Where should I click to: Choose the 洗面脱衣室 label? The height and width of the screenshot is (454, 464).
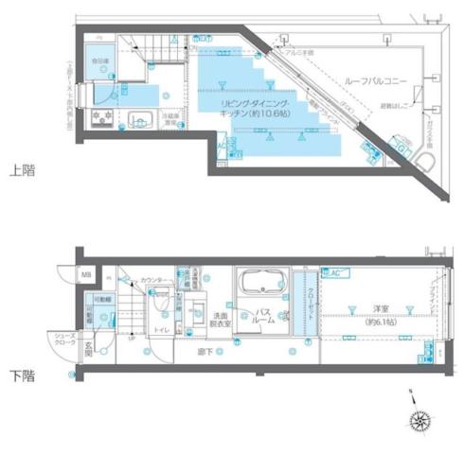(221, 320)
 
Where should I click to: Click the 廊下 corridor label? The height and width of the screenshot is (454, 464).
(204, 352)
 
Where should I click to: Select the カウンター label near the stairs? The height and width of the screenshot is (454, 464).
(155, 281)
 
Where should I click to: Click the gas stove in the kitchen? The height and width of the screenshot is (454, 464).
(101, 119)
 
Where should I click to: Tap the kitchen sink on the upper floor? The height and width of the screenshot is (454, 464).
(139, 119)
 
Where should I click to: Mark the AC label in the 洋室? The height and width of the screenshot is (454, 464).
(334, 273)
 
